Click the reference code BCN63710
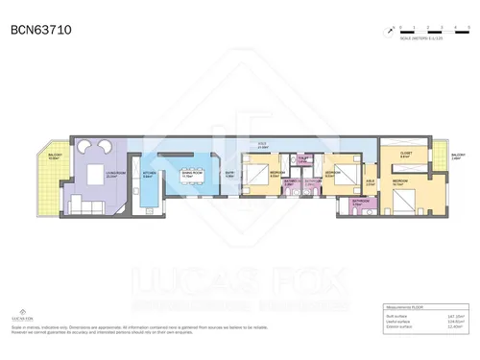pos(40,31)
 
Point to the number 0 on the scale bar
pos(401,27)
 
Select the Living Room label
pos(111,175)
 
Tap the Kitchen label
pos(148,175)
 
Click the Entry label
pos(229,174)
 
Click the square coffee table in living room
pos(96,175)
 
